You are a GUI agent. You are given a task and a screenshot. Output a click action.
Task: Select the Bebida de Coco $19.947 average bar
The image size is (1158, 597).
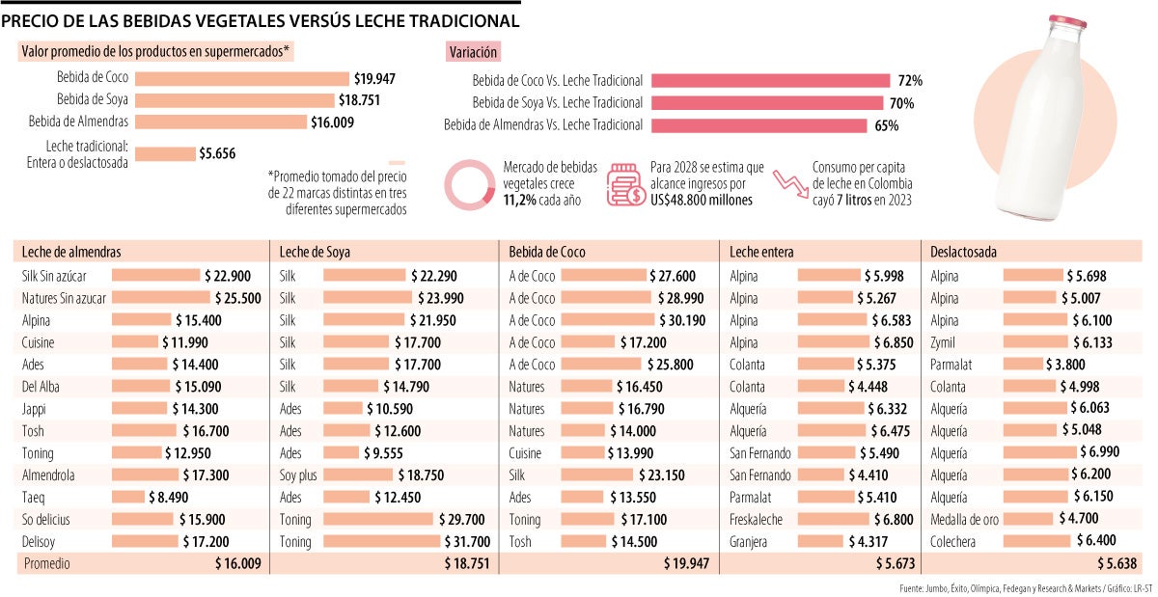(x=242, y=79)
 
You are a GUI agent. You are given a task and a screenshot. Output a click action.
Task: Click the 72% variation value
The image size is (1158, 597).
(x=910, y=81)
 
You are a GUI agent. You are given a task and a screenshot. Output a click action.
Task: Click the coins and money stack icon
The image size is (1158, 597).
(x=626, y=183)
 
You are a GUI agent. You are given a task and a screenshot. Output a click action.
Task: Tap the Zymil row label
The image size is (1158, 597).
(x=945, y=342)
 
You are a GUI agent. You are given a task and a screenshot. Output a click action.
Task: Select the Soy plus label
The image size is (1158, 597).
(x=298, y=475)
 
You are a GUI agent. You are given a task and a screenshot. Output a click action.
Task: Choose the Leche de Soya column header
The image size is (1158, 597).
(x=315, y=252)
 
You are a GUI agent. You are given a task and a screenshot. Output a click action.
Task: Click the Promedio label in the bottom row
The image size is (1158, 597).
(x=45, y=563)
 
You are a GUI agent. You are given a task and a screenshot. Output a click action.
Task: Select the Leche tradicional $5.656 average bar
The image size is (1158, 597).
(x=165, y=153)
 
